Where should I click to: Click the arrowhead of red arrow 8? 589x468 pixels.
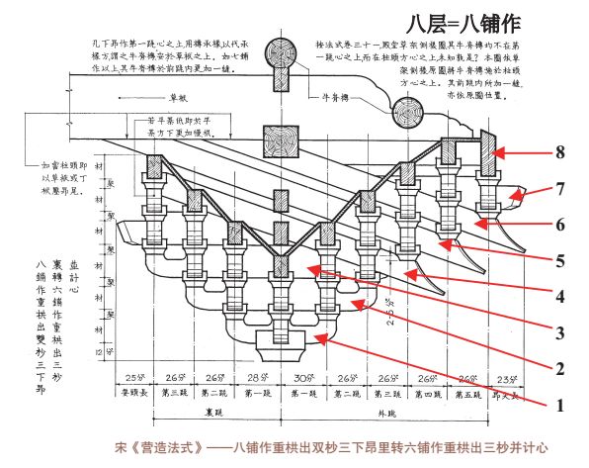pyautogui.click(x=496, y=153)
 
